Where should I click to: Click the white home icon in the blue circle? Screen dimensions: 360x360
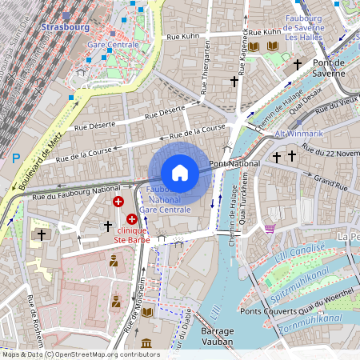click(x=180, y=172)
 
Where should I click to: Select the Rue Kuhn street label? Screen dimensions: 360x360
click(x=183, y=37)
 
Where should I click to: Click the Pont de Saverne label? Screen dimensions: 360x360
click(x=334, y=62)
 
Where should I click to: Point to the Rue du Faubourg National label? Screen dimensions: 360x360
click(x=77, y=193)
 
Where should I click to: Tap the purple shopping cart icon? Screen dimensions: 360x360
click(x=270, y=229)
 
